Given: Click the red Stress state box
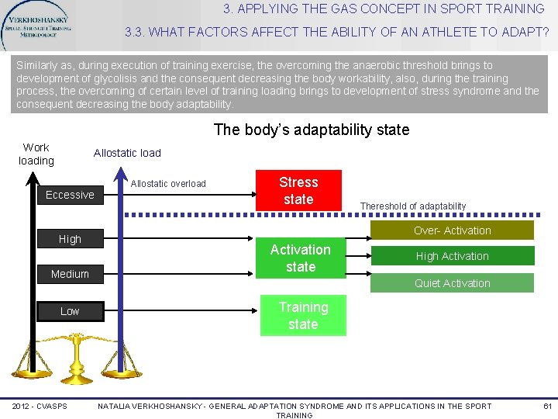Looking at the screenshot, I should pos(298,191).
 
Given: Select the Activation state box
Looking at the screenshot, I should pos(300,258).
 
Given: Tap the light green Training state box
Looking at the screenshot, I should pos(303,316).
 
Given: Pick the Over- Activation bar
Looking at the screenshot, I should pos(452,230).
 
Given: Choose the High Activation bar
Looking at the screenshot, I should pos(452,256).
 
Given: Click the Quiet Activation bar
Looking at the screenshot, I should pos(452,283).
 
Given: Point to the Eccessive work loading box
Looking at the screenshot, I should pos(70,195).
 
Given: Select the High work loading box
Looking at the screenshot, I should pos(70,239).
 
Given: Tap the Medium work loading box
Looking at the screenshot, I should pos(70,274).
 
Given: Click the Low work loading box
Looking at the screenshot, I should pos(70,311).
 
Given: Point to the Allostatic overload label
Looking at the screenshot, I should pos(168,184).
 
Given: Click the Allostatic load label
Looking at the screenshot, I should pos(127,153).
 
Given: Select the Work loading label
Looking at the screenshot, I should pos(36,154).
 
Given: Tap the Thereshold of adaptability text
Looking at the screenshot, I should pos(413,206).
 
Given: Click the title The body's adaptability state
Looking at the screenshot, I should pos(311,130).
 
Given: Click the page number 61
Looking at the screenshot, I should pos(546,406).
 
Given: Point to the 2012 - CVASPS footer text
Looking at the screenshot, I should pos(40,406).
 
